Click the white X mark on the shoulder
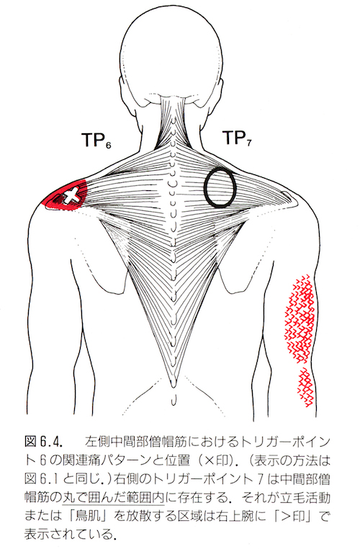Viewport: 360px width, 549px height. tap(71, 196)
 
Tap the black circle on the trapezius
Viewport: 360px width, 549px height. tap(204, 187)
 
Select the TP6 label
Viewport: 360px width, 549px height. tap(96, 140)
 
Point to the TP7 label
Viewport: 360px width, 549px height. tap(237, 137)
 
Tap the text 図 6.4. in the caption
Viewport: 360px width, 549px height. tap(44, 442)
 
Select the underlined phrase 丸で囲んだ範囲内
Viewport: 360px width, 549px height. tap(113, 498)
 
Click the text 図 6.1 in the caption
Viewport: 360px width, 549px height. tap(44, 479)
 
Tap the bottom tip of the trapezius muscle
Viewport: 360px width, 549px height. tap(173, 387)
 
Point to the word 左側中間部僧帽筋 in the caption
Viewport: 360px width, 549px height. tap(136, 442)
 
